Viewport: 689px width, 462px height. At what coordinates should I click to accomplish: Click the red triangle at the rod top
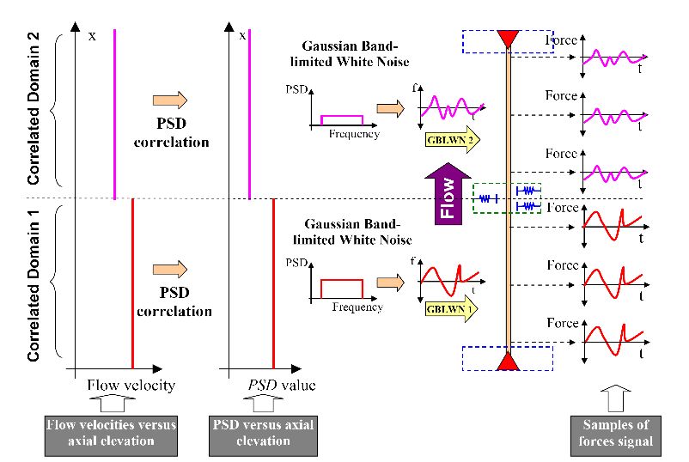coord(509,38)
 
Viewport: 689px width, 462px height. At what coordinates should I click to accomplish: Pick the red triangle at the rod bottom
coord(509,362)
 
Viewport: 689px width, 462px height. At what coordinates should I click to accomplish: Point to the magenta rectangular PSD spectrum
coord(342,119)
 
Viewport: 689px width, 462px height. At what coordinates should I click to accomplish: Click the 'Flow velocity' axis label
coord(131,385)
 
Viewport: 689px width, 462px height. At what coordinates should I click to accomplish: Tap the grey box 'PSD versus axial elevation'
coord(262,433)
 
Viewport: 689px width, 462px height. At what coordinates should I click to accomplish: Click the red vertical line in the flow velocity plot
coord(132,283)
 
